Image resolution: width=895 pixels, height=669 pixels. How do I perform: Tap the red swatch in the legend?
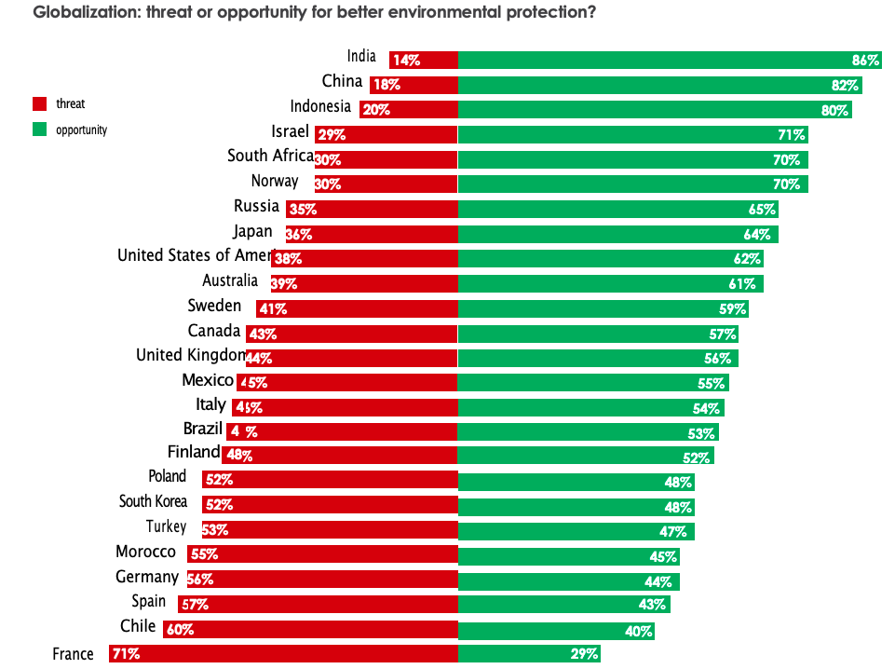(40, 104)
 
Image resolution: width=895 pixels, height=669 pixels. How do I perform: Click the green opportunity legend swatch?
(40, 130)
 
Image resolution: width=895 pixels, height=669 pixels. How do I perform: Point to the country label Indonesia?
(320, 106)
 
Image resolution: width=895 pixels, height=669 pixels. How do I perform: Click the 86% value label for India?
(865, 61)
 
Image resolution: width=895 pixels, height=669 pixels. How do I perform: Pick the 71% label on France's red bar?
(126, 654)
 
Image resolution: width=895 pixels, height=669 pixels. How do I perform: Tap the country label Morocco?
(145, 552)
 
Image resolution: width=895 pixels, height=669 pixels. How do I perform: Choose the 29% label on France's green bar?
(584, 654)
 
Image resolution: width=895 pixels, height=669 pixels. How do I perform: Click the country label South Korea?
(153, 501)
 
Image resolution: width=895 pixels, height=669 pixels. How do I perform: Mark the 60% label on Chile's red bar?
(180, 630)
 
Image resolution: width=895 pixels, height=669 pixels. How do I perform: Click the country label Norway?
(275, 181)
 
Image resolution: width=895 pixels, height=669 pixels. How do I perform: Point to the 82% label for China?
(845, 85)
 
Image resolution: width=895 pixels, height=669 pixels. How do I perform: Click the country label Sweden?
(214, 306)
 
